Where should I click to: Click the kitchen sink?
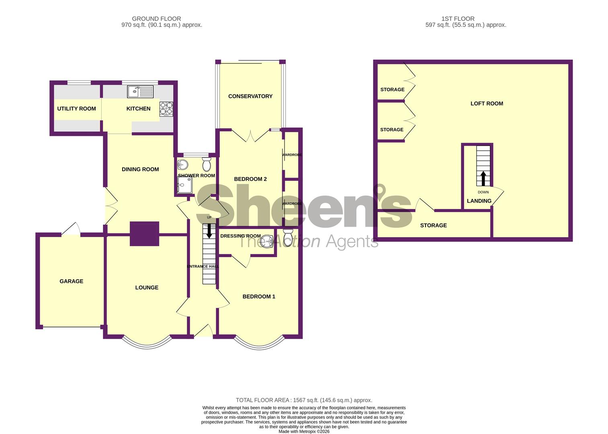140,92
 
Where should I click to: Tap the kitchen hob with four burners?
167,109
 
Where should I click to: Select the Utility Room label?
76,108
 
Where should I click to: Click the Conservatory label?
250,96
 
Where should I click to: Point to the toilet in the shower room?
207,164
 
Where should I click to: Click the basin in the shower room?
182,164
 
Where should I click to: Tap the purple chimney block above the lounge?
144,233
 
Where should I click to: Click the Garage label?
72,281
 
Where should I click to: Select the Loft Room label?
487,103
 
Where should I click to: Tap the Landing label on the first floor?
479,201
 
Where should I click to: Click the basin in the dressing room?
266,242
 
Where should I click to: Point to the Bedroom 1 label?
259,297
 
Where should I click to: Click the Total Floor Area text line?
304,400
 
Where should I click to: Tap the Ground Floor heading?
156,18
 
